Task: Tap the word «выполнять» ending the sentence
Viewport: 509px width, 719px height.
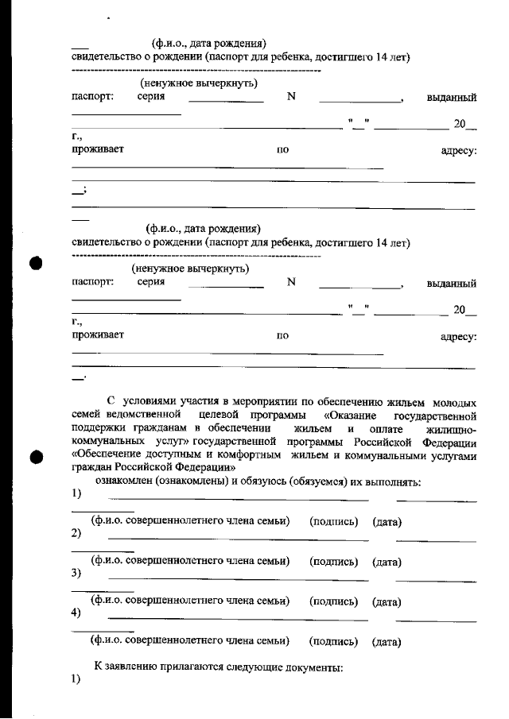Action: click(396, 481)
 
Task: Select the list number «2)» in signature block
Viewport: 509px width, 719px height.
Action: click(76, 532)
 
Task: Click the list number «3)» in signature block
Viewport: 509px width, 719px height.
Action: click(76, 572)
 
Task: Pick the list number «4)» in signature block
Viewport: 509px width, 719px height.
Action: click(76, 613)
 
